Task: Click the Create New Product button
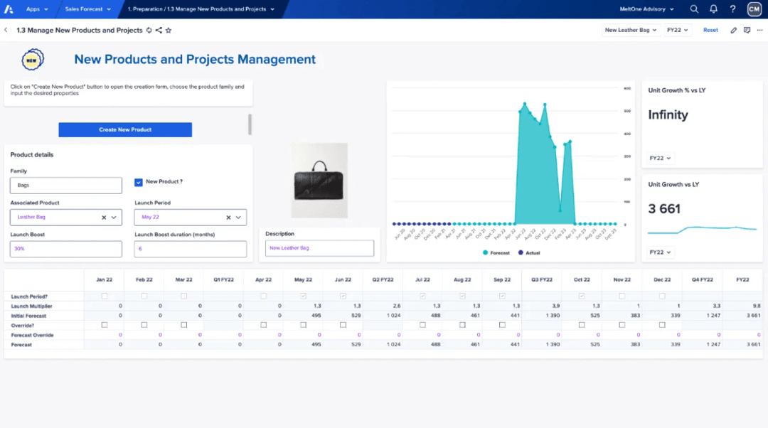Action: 125,129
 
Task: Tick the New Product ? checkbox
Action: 139,182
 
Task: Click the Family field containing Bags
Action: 66,185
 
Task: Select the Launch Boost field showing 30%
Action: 66,249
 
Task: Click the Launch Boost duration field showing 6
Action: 190,249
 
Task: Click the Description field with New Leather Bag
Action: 320,248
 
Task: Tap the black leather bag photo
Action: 319,181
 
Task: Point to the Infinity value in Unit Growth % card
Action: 668,115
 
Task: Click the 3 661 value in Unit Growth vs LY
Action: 664,209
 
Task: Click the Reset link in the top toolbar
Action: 710,31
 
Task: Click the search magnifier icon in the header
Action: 694,9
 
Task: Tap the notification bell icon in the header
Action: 713,9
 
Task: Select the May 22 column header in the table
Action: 303,279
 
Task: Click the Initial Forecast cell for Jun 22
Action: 343,315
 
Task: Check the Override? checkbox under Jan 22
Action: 105,325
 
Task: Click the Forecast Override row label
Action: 32,335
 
